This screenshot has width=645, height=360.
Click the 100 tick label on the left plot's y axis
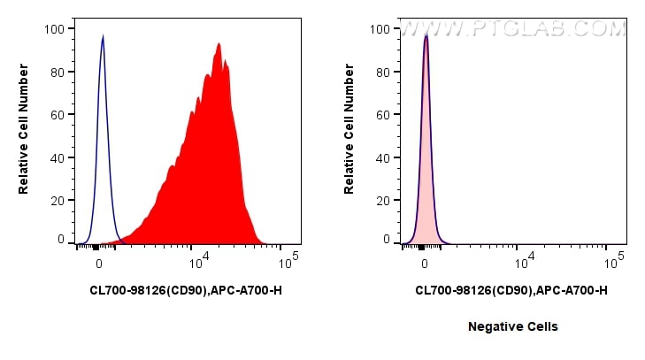pos(54,29)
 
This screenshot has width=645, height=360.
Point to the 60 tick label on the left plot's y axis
pos(58,115)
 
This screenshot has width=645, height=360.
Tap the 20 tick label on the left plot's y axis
pos(58,201)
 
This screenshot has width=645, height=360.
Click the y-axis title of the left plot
pos(25,134)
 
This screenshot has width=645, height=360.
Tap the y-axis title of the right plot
pos(349,134)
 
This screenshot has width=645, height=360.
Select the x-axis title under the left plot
pos(186,290)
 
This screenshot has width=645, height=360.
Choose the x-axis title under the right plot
pos(511,290)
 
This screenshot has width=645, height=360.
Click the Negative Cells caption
pos(513,326)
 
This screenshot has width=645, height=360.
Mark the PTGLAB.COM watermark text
pos(513,29)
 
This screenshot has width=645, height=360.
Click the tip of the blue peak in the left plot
pos(103,37)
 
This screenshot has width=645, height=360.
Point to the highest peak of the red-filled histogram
pos(218,43)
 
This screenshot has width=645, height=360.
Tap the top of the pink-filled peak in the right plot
pos(426,37)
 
